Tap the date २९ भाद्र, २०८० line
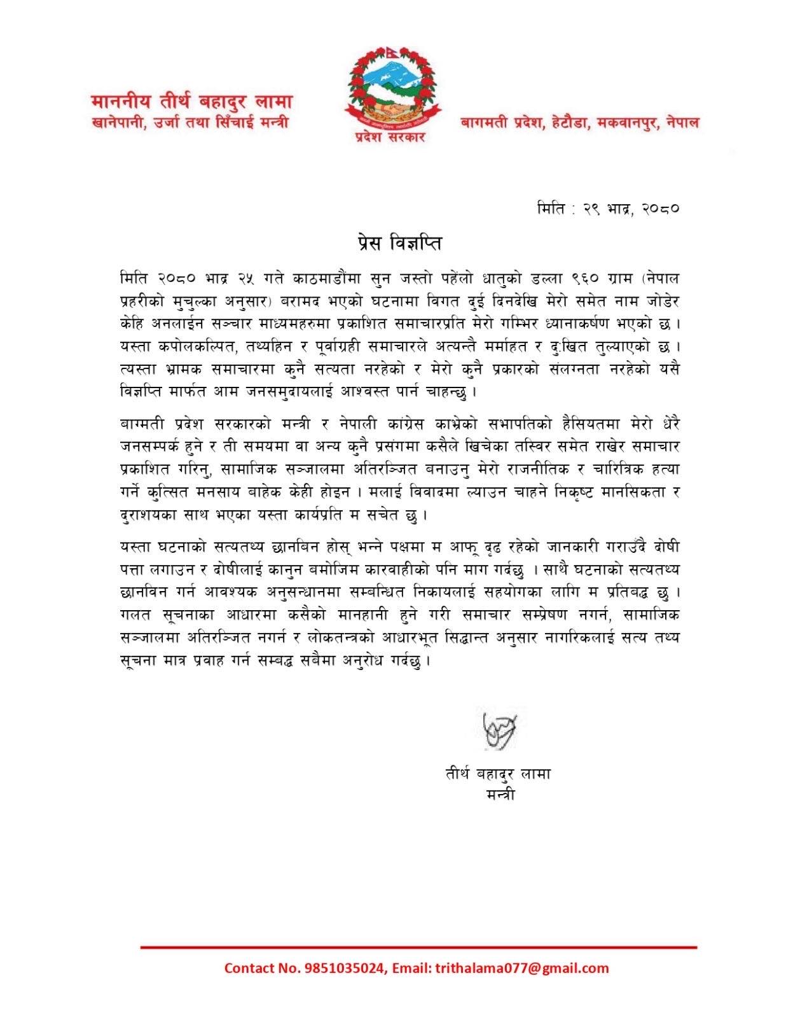coord(631,208)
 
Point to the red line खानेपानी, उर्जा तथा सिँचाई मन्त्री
coord(190,122)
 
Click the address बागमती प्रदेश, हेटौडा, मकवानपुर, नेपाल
coord(579,122)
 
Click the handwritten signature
coord(499,724)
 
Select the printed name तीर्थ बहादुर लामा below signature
coord(498,774)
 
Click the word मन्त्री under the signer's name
coord(499,794)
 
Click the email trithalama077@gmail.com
coord(521,968)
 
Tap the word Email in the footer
coord(410,968)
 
